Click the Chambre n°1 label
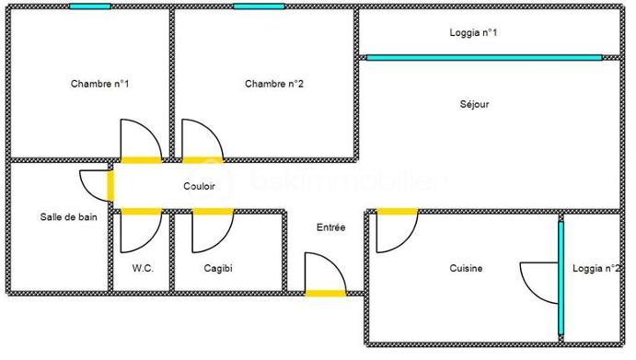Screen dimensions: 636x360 (99, 84)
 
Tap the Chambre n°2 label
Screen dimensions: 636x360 (274, 84)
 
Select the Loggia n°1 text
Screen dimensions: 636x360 (474, 33)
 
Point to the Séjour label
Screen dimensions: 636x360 (474, 104)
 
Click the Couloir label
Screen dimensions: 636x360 (199, 186)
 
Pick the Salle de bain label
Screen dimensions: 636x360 (68, 217)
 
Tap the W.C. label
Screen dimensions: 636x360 (142, 269)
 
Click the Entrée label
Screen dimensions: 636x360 (330, 227)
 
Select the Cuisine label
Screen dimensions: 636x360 (466, 269)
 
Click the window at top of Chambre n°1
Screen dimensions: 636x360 (89, 6)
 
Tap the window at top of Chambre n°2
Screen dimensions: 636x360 (258, 6)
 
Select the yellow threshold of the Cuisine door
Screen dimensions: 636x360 (397, 211)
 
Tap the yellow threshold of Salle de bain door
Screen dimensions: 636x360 (111, 185)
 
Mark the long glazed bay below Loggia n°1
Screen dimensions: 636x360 (484, 57)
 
